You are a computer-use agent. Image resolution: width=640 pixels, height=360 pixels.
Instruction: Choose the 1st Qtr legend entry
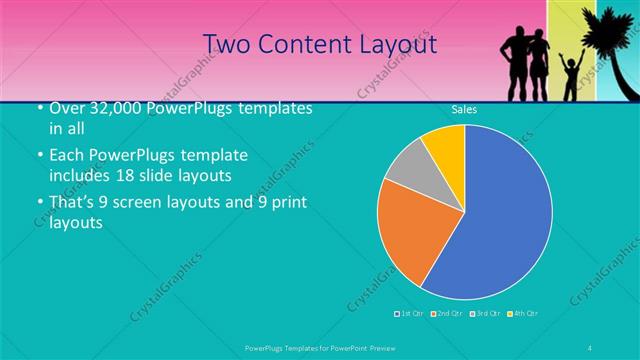point(410,314)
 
